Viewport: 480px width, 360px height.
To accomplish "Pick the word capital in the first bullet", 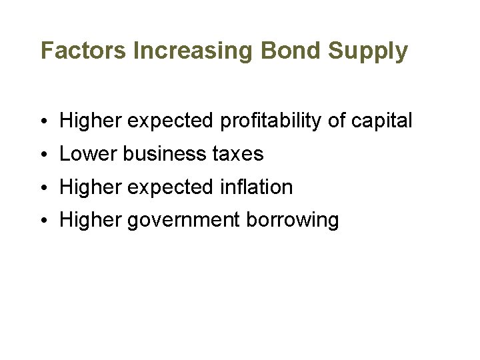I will point(383,121).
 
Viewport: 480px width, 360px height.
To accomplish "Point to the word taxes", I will point(237,154).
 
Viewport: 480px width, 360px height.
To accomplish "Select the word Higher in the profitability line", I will point(90,121).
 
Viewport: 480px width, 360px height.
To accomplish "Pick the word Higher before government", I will point(90,220).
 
